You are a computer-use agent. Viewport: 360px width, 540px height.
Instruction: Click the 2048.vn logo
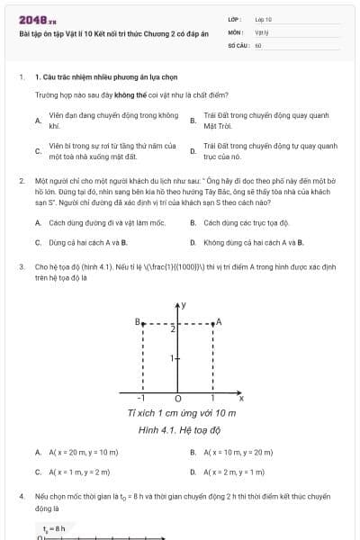click(x=38, y=19)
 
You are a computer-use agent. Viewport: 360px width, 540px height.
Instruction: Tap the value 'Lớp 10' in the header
click(x=264, y=19)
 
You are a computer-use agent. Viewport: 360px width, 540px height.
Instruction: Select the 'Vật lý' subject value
click(x=262, y=31)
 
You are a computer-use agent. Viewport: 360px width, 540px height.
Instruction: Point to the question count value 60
click(x=258, y=44)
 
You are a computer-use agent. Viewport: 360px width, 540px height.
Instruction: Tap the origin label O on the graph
click(x=176, y=398)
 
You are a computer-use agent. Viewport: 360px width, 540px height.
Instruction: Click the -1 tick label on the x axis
click(x=140, y=398)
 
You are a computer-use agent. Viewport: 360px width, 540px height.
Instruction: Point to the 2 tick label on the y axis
click(x=172, y=330)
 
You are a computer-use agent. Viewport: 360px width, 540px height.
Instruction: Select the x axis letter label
click(x=241, y=397)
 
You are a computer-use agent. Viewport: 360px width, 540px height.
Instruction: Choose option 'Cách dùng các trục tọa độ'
click(x=246, y=222)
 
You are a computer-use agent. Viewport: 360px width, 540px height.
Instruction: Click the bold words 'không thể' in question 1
click(x=126, y=93)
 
